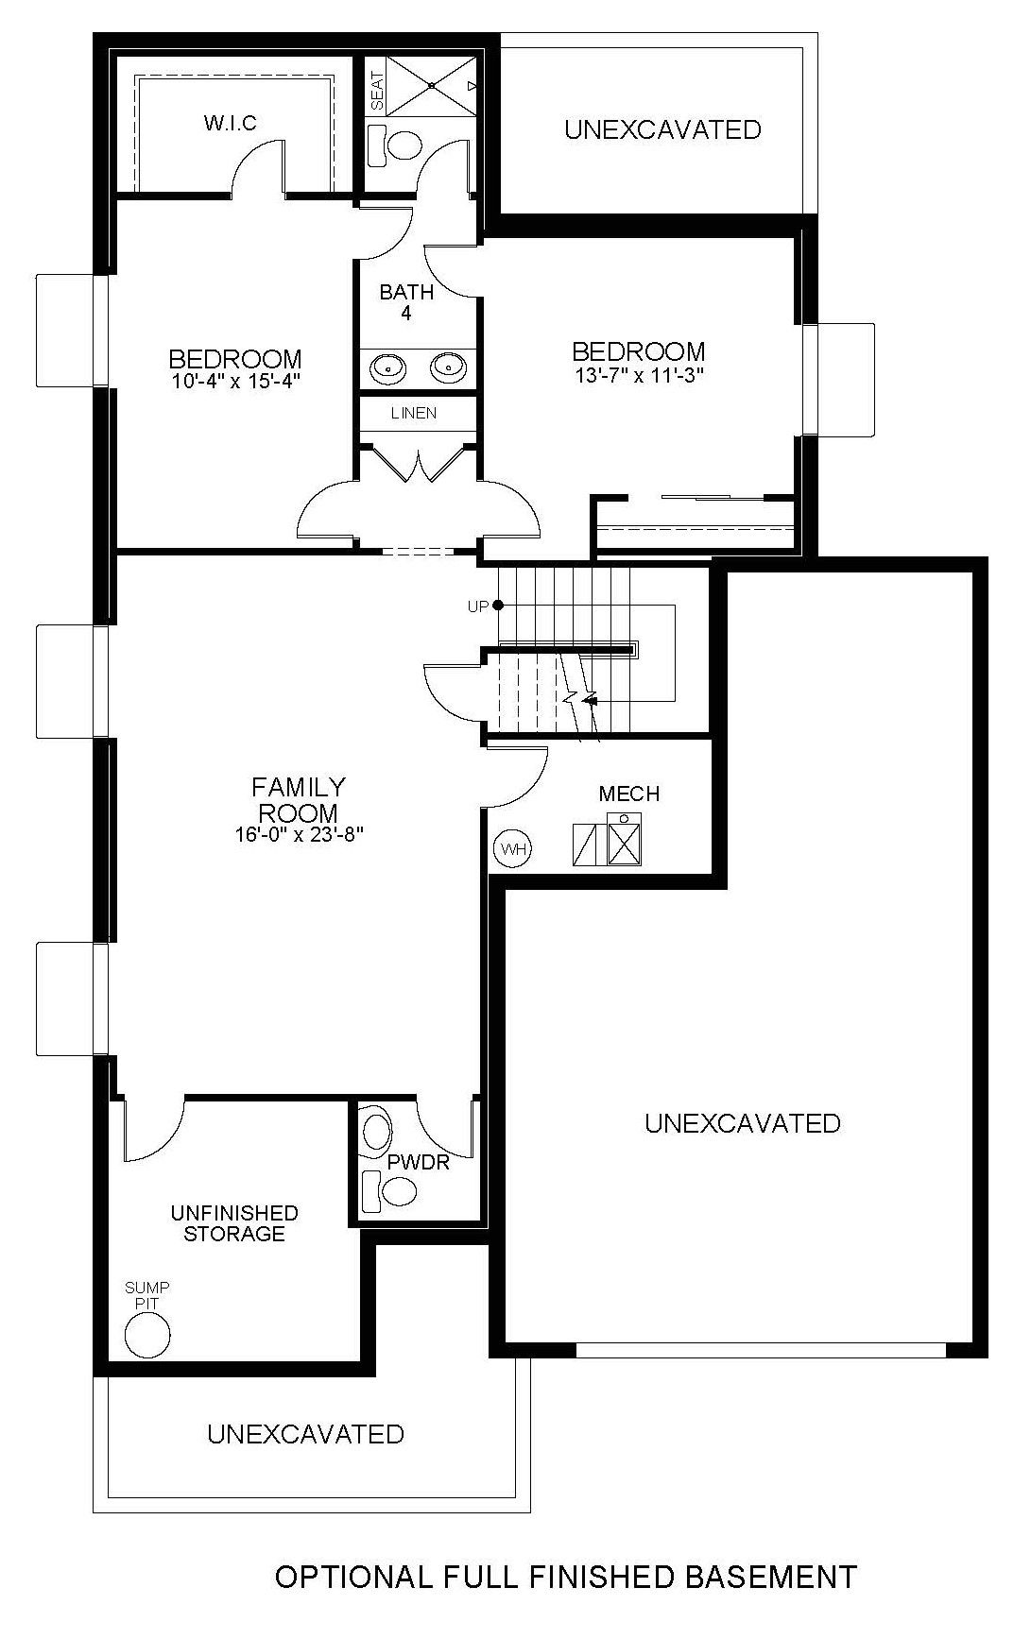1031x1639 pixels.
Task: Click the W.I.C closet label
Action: point(230,124)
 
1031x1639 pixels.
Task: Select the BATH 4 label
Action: point(406,302)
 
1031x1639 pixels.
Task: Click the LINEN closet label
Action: point(414,413)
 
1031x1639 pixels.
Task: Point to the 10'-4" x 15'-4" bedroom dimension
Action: point(235,380)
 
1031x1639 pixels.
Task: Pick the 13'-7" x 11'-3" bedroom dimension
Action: point(639,373)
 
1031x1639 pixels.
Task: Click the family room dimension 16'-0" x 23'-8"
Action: point(299,834)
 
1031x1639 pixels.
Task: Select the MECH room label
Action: point(629,794)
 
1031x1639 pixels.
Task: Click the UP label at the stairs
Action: point(479,606)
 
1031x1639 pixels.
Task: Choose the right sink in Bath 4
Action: point(449,366)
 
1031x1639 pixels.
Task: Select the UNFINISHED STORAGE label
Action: point(234,1223)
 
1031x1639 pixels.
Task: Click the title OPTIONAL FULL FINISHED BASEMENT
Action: point(566,1577)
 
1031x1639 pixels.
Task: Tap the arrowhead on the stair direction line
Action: point(591,700)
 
